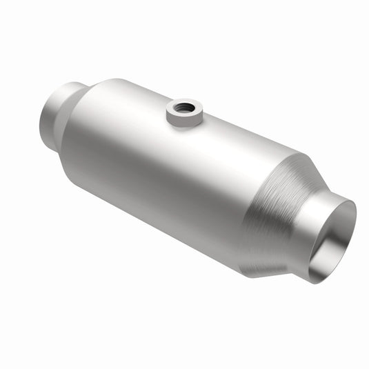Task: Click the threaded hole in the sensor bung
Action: [x=184, y=107]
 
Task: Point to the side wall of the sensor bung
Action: [x=183, y=120]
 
